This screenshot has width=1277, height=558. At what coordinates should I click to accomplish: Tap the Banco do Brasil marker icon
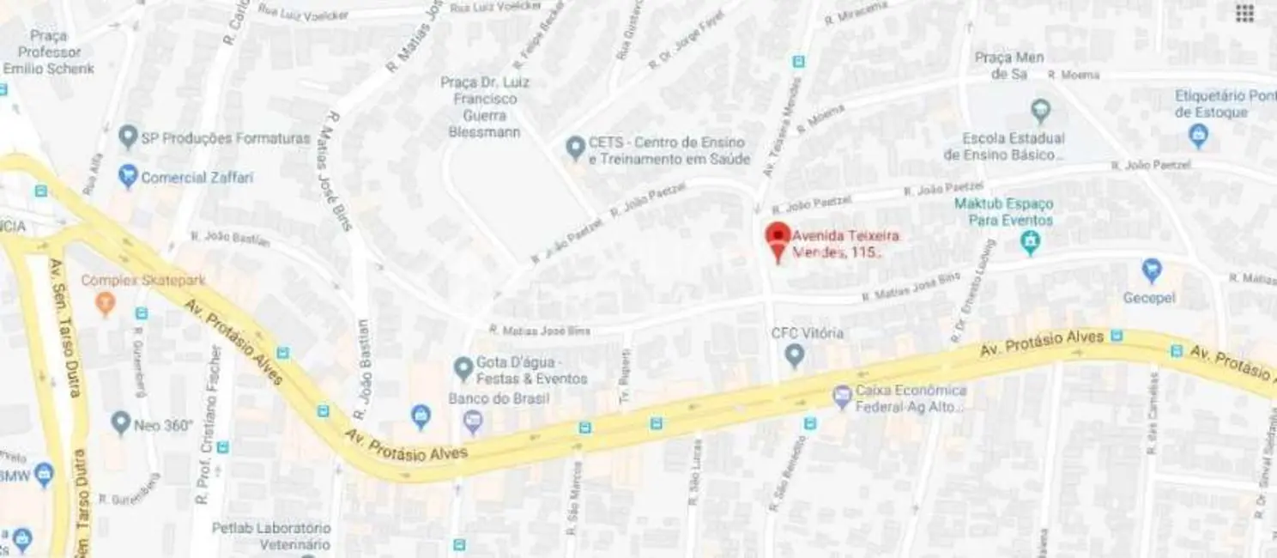coord(473,421)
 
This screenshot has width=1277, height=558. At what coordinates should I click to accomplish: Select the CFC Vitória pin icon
coord(795,354)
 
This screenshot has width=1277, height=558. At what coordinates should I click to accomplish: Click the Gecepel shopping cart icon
coord(1152,270)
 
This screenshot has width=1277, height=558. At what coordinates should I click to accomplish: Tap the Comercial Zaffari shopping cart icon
coord(129,177)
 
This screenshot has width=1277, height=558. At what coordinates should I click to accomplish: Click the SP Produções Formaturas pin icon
coord(128,136)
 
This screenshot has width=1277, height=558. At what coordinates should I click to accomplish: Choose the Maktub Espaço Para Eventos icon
coord(1029,243)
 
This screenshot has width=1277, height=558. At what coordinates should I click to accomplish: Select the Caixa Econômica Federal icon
coord(842,396)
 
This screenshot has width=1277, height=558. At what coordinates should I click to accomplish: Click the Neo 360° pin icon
coord(121,422)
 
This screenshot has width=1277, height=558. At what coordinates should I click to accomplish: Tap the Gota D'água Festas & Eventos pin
coord(464,368)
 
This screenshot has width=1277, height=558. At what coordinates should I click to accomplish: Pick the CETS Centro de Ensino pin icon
coord(576,149)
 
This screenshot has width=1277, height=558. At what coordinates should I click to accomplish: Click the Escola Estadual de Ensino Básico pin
coord(1041,110)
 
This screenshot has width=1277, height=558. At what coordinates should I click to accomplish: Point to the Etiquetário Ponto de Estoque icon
coord(1199,135)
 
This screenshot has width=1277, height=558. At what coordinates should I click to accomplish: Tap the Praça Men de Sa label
coord(1009,65)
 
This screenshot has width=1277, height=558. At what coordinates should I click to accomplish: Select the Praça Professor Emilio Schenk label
coord(48,52)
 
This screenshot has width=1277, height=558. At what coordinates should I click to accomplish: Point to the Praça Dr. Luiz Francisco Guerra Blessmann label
coord(485,106)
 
